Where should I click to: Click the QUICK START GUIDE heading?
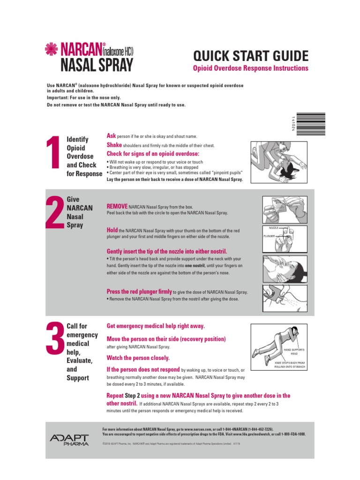tap(251, 57)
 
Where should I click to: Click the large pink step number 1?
tap(54, 157)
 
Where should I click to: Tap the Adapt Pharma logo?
tap(68, 440)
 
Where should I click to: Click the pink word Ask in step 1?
tap(111, 135)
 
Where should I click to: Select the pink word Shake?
tap(114, 145)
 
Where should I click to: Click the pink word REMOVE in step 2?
tap(117, 206)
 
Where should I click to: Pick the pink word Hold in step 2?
tap(112, 230)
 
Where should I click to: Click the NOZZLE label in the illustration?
tap(273, 227)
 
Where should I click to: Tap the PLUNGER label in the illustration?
tap(269, 236)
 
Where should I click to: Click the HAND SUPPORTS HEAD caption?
tap(294, 352)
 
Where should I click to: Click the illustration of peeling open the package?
tap(285, 210)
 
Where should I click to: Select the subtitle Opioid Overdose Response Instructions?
tap(251, 68)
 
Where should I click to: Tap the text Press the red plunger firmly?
tap(139, 291)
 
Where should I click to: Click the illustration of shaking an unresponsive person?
tap(278, 162)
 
